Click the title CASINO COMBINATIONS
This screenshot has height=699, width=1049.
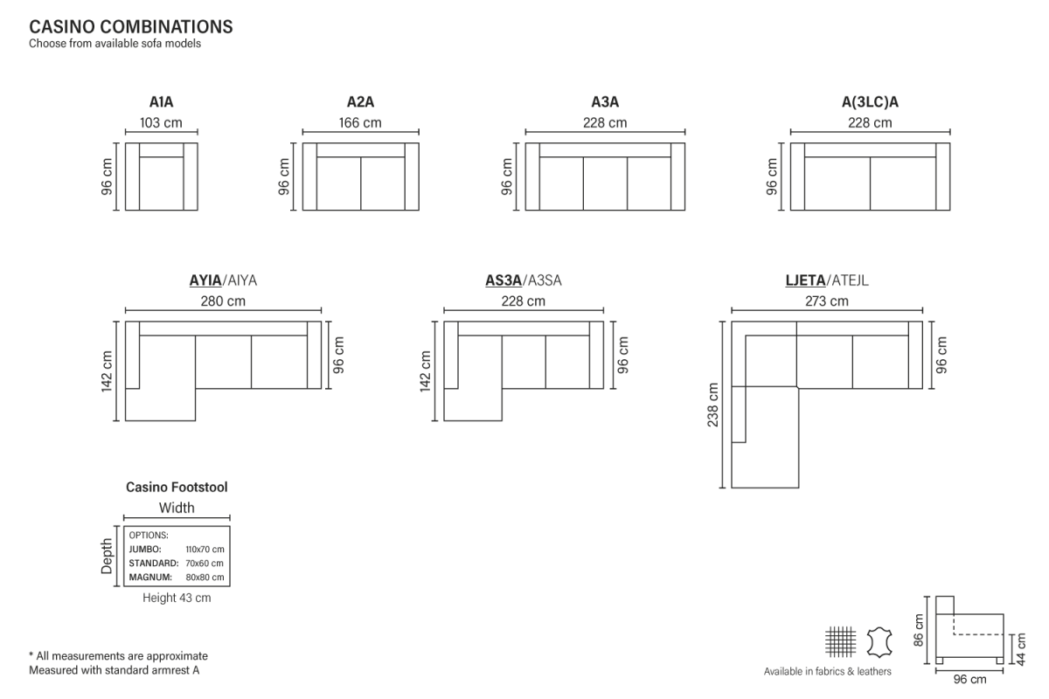point(130,27)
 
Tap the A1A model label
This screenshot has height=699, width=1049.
point(161,101)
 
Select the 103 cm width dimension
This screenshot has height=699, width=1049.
point(161,122)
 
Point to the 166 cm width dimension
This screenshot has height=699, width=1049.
point(360,122)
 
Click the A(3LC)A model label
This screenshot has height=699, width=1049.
point(870,101)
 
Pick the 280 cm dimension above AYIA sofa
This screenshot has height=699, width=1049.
point(223,301)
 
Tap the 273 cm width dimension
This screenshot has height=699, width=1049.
point(827,301)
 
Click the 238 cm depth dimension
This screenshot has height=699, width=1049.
point(712,405)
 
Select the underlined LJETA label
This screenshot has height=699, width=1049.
point(805,280)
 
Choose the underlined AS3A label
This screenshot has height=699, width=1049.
point(504,280)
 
